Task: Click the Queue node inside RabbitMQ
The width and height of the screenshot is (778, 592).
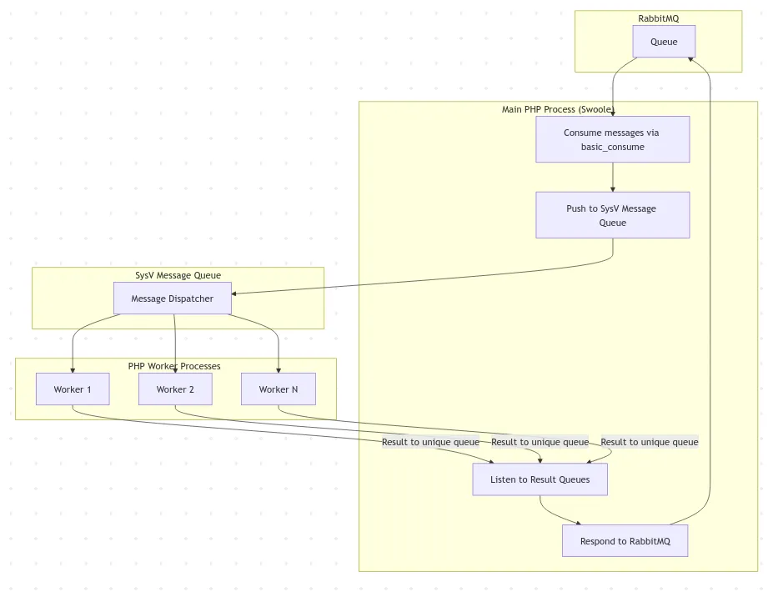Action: tap(664, 42)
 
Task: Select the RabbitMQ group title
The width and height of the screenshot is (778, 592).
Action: tap(658, 18)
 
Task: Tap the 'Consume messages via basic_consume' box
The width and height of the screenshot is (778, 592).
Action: tap(612, 139)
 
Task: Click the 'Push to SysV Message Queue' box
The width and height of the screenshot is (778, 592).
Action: tap(612, 215)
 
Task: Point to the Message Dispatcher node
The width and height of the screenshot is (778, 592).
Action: tap(172, 299)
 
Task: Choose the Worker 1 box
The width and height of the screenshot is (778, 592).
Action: tap(73, 389)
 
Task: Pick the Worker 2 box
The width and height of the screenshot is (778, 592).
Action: tap(175, 389)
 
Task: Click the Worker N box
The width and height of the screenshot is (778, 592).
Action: tap(278, 389)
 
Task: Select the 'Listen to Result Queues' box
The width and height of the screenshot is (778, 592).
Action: tap(540, 479)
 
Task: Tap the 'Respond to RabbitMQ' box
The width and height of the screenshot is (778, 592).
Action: tap(625, 541)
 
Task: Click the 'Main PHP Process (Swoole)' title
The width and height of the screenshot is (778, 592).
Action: tap(559, 109)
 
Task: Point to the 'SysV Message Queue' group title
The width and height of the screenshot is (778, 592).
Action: tap(178, 275)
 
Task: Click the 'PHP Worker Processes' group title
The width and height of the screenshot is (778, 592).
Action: tap(174, 366)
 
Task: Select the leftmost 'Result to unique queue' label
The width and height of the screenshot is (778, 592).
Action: tap(430, 442)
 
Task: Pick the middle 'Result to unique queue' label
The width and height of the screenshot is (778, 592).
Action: tap(540, 442)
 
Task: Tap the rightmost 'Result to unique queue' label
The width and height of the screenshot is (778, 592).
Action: tap(649, 442)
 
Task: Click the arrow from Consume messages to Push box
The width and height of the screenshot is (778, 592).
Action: tap(613, 177)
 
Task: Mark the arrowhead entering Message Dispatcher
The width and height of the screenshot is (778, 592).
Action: tap(235, 293)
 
